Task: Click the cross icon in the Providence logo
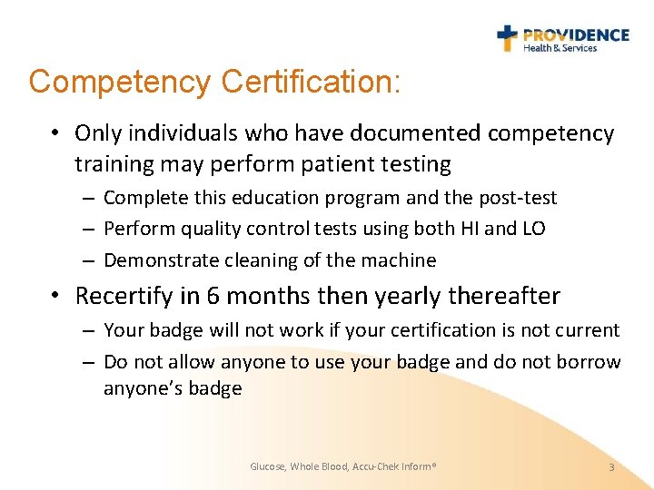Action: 507,37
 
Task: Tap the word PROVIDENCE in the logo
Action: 576,34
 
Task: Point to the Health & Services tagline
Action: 560,48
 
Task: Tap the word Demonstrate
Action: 158,260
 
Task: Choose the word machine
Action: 402,260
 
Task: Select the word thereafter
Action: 509,296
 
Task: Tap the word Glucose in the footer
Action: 268,466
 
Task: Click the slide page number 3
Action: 611,466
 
